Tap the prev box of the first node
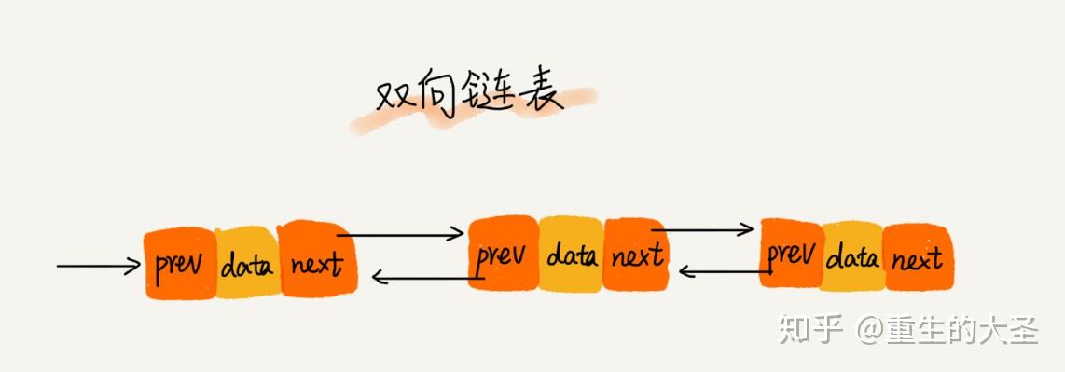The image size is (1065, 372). point(179,265)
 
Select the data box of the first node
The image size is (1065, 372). point(247,266)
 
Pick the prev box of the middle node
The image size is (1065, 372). point(503,254)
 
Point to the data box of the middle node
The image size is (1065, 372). point(571,255)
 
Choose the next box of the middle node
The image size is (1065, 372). point(636,254)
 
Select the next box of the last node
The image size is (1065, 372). point(916,257)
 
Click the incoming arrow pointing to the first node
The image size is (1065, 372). point(98,266)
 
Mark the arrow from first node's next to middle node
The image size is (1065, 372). point(401,234)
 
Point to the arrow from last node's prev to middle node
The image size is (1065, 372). point(723,271)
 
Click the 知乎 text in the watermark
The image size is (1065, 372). point(809,330)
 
